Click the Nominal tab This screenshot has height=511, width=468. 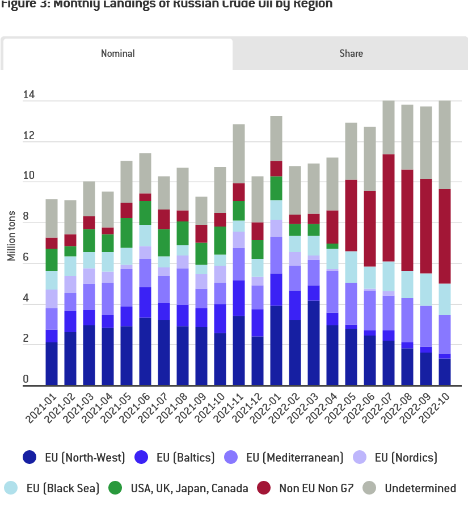117,53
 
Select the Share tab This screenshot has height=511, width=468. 351,53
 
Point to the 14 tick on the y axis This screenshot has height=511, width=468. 29,95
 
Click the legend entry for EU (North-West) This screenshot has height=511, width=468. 72,457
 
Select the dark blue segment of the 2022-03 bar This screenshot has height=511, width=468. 314,343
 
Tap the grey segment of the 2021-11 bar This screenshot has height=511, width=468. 239,153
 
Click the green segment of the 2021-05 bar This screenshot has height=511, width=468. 127,233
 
